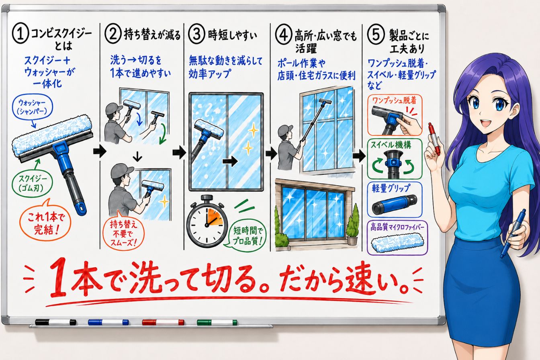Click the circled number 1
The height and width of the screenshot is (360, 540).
click(20, 34)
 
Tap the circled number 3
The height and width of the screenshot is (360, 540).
click(196, 34)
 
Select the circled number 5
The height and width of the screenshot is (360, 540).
click(376, 35)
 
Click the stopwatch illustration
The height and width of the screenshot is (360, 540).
click(207, 221)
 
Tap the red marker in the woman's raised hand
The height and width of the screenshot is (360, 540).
click(434, 139)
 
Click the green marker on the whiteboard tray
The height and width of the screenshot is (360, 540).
click(217, 322)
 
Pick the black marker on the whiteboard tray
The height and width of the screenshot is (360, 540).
click(55, 322)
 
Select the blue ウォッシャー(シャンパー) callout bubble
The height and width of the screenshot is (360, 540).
click(33, 107)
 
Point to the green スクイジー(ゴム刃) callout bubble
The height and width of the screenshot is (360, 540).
click(32, 184)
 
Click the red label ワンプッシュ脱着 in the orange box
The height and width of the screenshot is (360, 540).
click(394, 100)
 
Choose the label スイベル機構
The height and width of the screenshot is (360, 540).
click(391, 145)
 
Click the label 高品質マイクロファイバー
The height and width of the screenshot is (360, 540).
click(397, 227)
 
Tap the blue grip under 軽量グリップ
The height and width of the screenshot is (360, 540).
click(395, 205)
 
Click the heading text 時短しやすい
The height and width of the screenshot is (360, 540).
click(232, 36)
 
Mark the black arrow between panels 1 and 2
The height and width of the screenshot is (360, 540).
click(100, 151)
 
